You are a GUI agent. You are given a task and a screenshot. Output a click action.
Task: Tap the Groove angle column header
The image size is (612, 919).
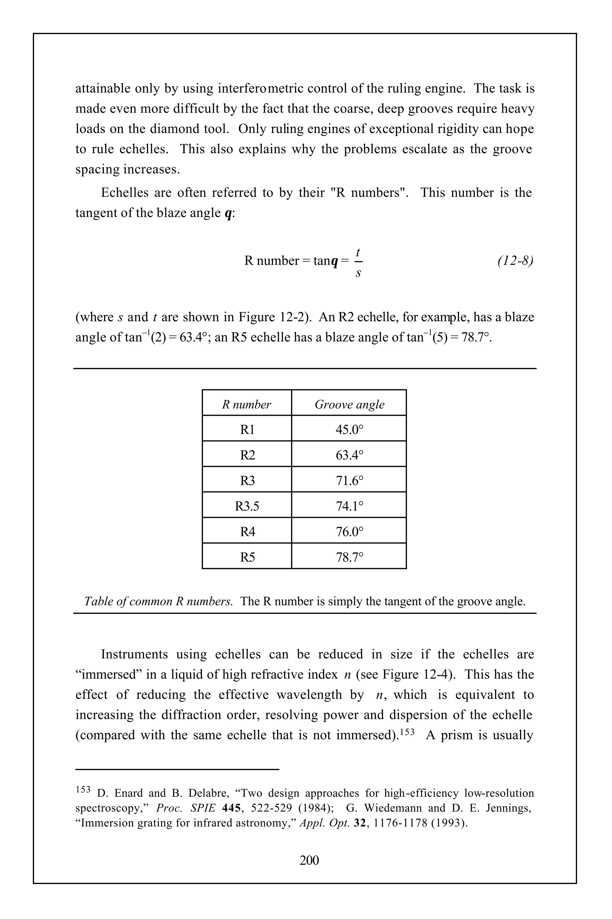[x=349, y=404]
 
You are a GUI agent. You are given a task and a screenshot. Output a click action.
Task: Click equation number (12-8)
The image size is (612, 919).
[x=515, y=261]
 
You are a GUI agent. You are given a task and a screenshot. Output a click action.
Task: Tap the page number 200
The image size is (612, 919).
[x=309, y=860]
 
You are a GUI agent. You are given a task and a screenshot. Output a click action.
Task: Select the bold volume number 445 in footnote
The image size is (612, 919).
[x=232, y=808]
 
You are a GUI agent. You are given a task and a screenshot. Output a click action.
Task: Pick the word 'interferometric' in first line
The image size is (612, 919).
[x=261, y=88]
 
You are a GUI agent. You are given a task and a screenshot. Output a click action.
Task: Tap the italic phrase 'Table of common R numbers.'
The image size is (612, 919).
[x=158, y=601]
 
